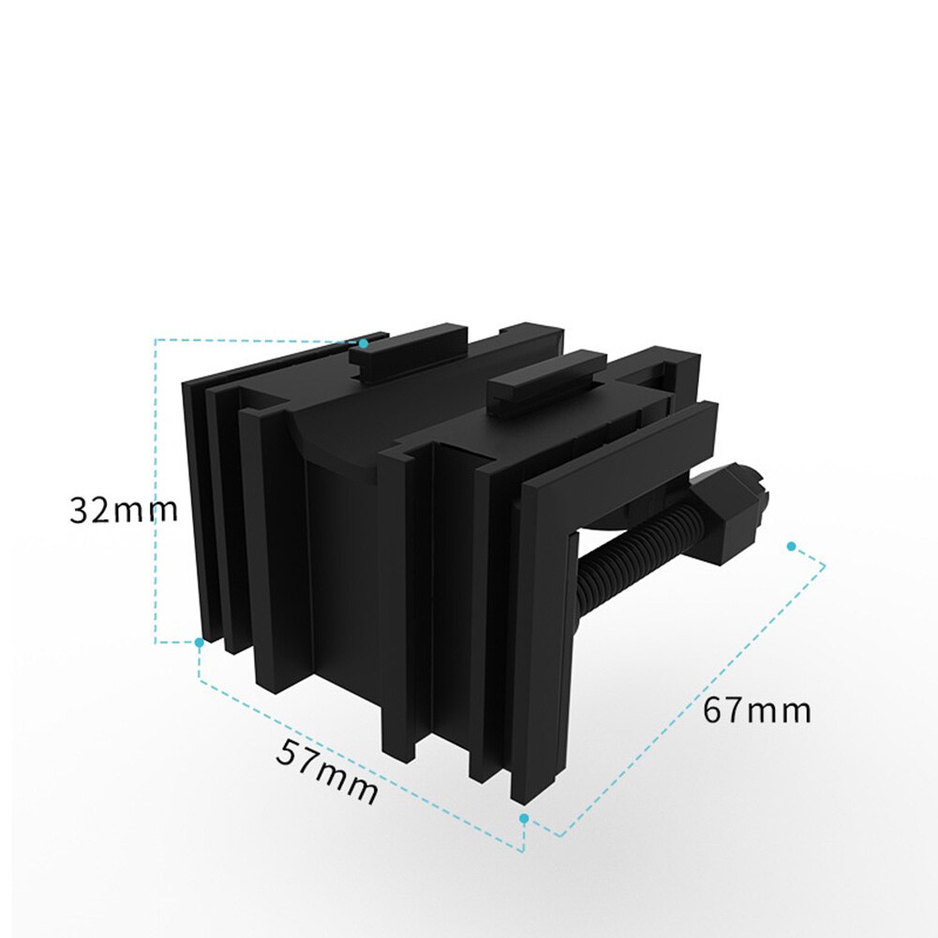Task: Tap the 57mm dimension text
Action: [x=327, y=771]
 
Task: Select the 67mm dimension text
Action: [x=757, y=711]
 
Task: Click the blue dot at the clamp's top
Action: [x=364, y=344]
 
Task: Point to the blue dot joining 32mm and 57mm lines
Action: [x=199, y=643]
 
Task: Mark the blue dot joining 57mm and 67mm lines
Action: [x=524, y=818]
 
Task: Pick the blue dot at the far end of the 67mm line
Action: [x=792, y=545]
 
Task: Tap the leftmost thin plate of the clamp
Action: [x=193, y=506]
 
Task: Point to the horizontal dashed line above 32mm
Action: [x=253, y=339]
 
